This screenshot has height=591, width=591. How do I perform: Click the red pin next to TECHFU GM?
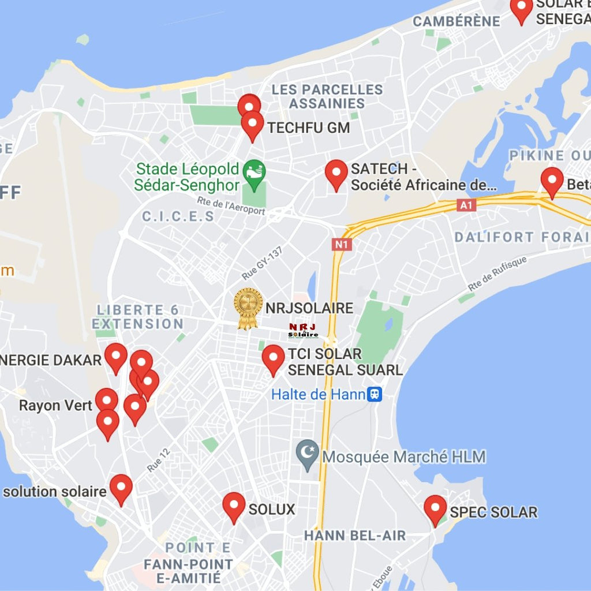(252, 124)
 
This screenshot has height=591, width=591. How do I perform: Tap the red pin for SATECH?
(336, 173)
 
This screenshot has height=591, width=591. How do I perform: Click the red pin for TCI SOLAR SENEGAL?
(274, 358)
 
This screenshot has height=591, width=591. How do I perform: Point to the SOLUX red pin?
(234, 505)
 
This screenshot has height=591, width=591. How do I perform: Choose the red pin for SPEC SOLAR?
(435, 508)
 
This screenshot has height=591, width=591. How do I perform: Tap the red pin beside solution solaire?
(121, 487)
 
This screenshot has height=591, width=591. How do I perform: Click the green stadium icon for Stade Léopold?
(254, 170)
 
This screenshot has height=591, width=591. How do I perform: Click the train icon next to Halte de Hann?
(375, 394)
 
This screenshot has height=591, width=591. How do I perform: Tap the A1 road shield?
(467, 205)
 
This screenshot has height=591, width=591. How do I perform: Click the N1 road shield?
(342, 244)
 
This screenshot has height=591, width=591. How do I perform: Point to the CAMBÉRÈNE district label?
(457, 21)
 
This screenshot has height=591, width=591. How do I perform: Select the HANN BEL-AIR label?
(355, 536)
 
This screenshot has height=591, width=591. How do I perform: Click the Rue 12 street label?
(158, 460)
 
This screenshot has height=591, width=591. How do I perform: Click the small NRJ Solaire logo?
(303, 331)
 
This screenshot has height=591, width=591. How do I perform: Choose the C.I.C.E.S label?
(178, 216)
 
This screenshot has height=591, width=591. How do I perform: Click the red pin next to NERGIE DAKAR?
(115, 356)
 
